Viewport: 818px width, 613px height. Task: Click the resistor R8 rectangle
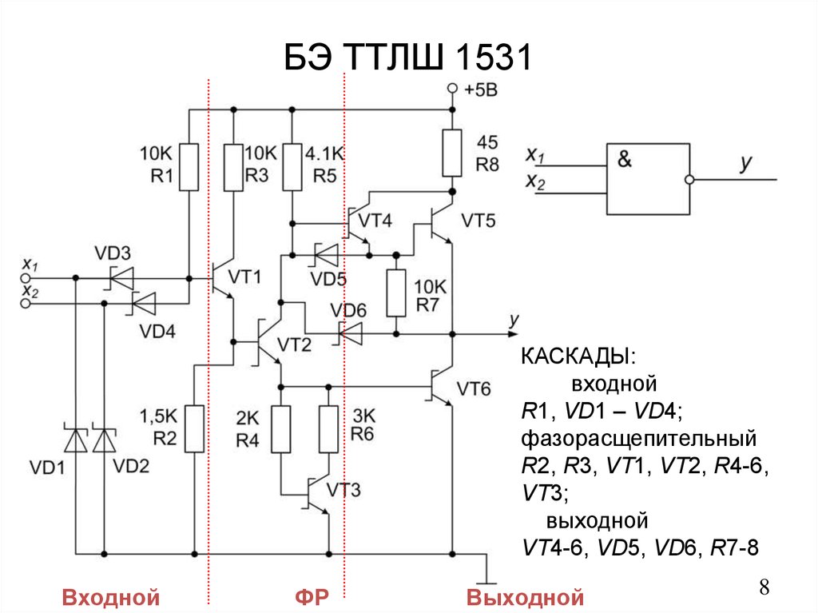coord(452,153)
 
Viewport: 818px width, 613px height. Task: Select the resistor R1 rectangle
coord(189,166)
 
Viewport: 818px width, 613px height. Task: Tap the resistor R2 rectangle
coord(194,428)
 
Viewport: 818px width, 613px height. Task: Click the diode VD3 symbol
coord(121,277)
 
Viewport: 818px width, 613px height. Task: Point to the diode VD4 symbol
coord(143,304)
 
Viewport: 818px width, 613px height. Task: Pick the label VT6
coord(478,389)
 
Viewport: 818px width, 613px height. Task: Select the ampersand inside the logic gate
coord(624,159)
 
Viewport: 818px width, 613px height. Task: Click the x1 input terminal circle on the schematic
coord(26,277)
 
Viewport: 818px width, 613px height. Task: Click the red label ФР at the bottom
coord(310,598)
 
